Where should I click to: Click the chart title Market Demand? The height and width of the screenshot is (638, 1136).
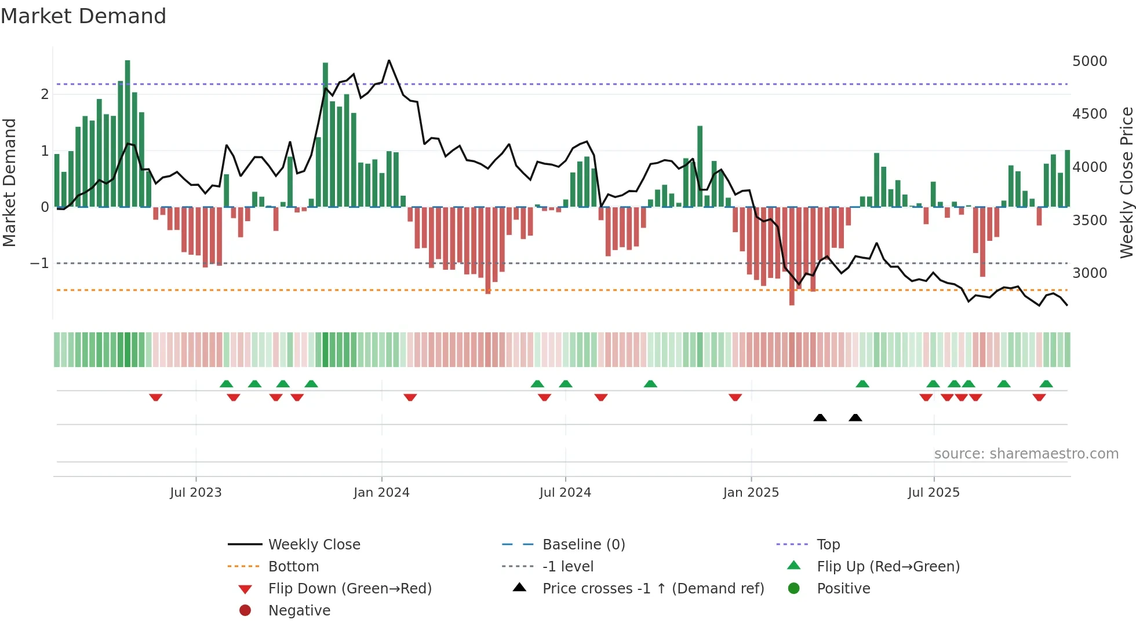[83, 16]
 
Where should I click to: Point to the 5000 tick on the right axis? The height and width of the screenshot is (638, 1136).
[1089, 61]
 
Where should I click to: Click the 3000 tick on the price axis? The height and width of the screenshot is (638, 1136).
[1089, 273]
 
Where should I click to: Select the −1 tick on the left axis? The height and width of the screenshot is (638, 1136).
[39, 263]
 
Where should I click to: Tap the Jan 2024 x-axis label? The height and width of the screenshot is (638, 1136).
[381, 493]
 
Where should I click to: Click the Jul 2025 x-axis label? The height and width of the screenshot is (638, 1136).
[933, 493]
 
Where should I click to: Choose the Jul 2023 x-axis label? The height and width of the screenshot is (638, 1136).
[195, 493]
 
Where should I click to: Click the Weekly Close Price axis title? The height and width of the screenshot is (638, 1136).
[1126, 182]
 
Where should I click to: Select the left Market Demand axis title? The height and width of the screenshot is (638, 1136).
[9, 182]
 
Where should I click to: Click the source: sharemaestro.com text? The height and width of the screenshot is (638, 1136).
[1026, 454]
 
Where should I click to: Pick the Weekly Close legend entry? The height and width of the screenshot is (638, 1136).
[314, 545]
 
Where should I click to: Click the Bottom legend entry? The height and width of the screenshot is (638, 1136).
[293, 567]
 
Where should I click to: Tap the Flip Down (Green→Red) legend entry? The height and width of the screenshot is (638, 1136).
[349, 589]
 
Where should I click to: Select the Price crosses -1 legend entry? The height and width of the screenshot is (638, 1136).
[653, 589]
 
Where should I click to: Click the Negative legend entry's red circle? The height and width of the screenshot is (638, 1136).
[245, 611]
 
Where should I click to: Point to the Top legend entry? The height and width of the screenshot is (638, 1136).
[828, 545]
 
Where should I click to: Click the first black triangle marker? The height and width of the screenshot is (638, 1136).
[820, 417]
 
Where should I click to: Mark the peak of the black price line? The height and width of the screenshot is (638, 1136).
[389, 60]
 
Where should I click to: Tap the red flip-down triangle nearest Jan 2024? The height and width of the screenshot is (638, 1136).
[410, 397]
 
